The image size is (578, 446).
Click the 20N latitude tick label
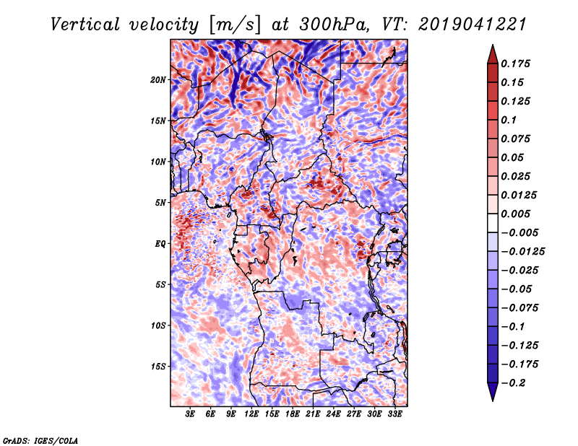coord(158,79)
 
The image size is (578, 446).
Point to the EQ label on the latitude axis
coord(160,244)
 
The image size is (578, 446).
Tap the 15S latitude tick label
coord(158,367)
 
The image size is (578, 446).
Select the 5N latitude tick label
coord(160,203)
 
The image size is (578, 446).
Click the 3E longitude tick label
coord(191,414)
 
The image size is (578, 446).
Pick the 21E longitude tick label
coord(313,414)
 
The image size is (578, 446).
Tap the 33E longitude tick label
coord(394,414)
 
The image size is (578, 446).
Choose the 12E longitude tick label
coord(251,414)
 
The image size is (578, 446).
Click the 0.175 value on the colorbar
coord(516,64)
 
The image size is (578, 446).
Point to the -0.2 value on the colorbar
coord(514,382)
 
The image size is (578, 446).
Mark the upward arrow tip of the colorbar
coord(491,47)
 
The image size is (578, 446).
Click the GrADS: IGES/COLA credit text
coord(40,440)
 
